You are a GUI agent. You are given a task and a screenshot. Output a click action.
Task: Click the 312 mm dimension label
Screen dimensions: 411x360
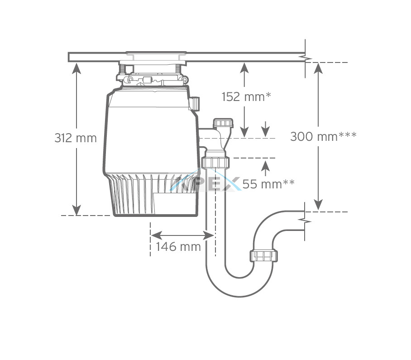click(76, 138)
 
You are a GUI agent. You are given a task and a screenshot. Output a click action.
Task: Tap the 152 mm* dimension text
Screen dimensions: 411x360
click(246, 97)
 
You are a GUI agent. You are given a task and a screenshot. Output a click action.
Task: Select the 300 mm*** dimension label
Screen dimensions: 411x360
click(323, 137)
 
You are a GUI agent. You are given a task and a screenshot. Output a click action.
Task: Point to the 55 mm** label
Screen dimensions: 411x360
click(268, 184)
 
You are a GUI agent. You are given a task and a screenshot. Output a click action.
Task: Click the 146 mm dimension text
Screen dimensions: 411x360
click(178, 247)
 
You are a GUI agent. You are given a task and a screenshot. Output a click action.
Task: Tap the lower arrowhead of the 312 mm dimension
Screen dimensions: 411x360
click(76, 210)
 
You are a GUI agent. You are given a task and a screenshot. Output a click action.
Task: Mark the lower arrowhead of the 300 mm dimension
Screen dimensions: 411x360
click(318, 205)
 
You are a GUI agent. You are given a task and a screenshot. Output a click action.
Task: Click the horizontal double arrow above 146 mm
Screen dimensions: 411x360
click(182, 235)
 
